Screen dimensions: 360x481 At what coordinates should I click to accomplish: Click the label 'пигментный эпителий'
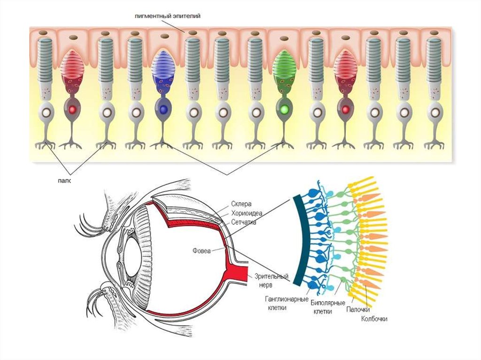167,16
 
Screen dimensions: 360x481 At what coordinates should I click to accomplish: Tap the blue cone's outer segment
163,62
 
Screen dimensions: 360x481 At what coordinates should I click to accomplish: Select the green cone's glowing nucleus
283,110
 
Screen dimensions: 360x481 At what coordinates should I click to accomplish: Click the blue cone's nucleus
163,109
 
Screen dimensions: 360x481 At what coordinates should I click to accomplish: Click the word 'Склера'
241,204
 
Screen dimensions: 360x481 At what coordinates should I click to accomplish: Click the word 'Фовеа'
202,250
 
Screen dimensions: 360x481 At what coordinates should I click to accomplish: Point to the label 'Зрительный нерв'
271,280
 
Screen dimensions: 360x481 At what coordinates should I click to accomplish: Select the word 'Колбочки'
374,319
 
